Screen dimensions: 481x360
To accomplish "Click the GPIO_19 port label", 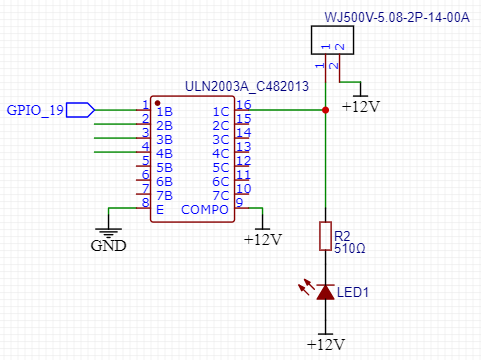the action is [35, 110].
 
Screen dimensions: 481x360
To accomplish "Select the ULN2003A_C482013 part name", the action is [247, 86].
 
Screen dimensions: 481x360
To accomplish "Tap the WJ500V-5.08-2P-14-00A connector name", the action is [397, 17].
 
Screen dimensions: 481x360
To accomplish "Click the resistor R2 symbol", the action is [326, 236].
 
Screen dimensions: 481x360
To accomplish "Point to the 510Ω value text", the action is [350, 248].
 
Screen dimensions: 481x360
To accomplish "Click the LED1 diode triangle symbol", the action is [325, 292].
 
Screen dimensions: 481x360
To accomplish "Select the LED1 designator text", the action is [353, 292].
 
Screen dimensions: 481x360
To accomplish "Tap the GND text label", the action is [109, 246].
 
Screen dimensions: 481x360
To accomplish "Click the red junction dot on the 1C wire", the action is [326, 110].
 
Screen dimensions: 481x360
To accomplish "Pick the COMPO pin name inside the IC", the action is [205, 210].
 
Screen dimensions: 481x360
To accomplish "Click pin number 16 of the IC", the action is [243, 105].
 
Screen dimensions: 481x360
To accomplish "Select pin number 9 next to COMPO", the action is [239, 202].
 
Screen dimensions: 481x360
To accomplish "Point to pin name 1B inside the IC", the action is [165, 112].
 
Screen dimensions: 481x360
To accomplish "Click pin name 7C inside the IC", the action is [221, 196].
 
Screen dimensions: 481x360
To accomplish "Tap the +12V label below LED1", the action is [326, 345].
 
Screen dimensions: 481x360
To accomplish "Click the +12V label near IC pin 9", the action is [263, 240].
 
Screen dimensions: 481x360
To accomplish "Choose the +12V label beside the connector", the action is [361, 107].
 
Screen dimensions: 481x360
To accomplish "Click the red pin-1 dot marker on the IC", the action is [158, 103].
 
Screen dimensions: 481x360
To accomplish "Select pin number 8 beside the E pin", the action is [145, 202].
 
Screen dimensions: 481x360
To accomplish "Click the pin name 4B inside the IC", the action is [165, 154].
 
